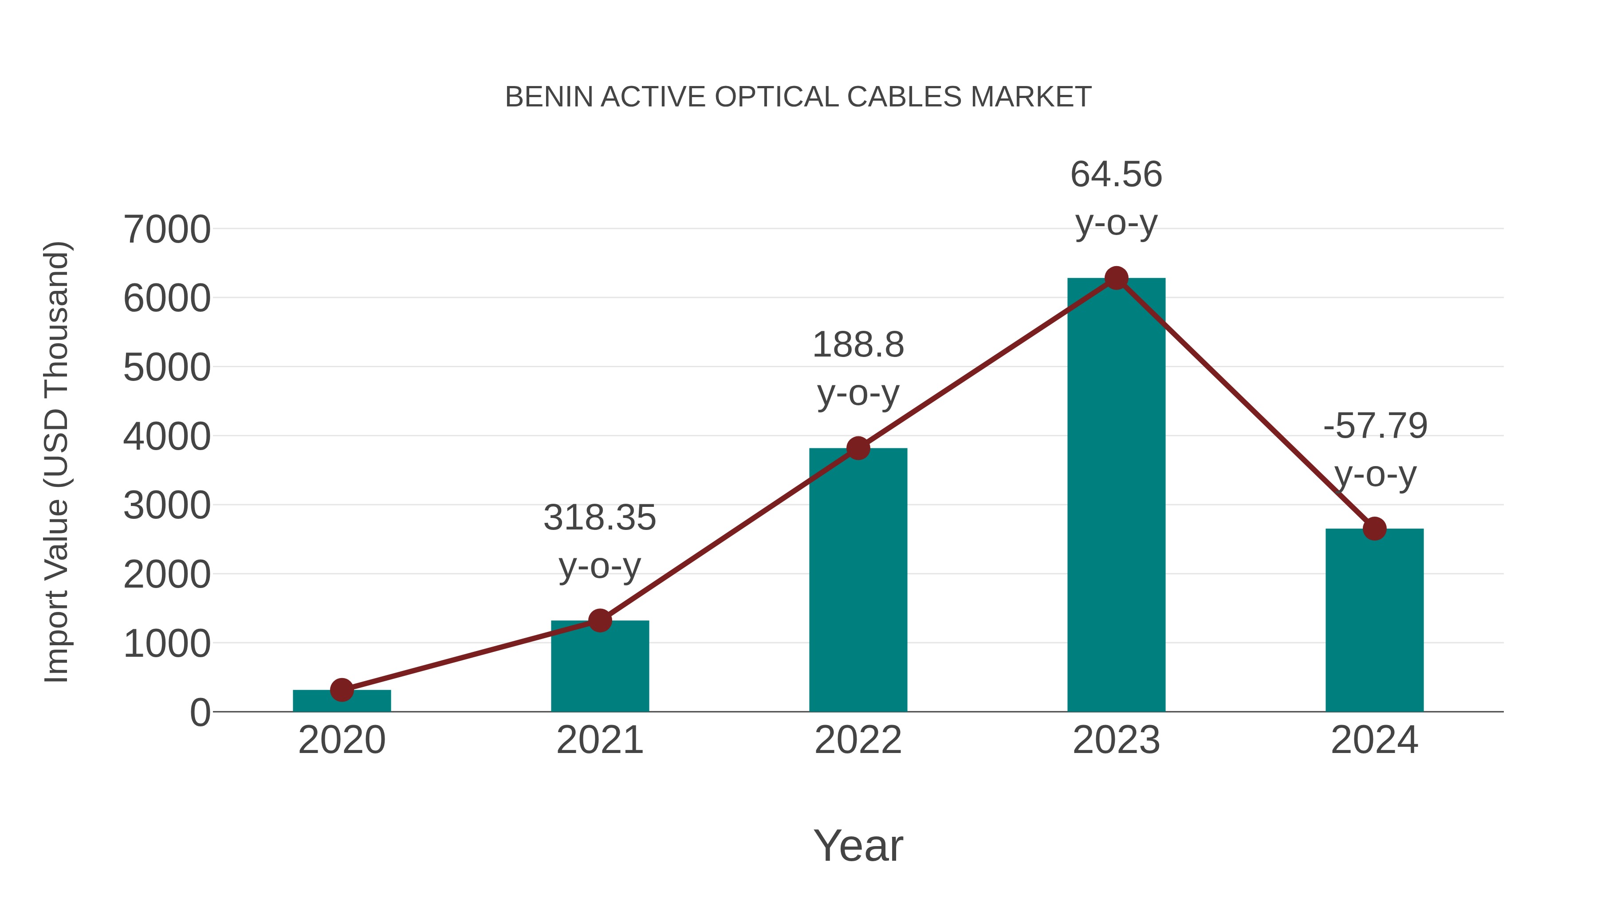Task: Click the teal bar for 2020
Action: click(x=342, y=701)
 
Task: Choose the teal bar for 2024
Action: click(x=1374, y=620)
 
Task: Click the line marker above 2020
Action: click(x=342, y=690)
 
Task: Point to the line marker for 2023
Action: click(x=1116, y=278)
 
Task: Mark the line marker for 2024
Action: click(x=1374, y=529)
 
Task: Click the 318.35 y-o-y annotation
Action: click(x=599, y=541)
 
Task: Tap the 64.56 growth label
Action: click(x=1116, y=198)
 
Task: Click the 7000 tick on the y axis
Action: click(x=167, y=229)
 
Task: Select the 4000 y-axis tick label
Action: click(x=167, y=436)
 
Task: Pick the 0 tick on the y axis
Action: click(x=200, y=712)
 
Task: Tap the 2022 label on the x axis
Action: click(x=858, y=740)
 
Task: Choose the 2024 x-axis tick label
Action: click(x=1374, y=740)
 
